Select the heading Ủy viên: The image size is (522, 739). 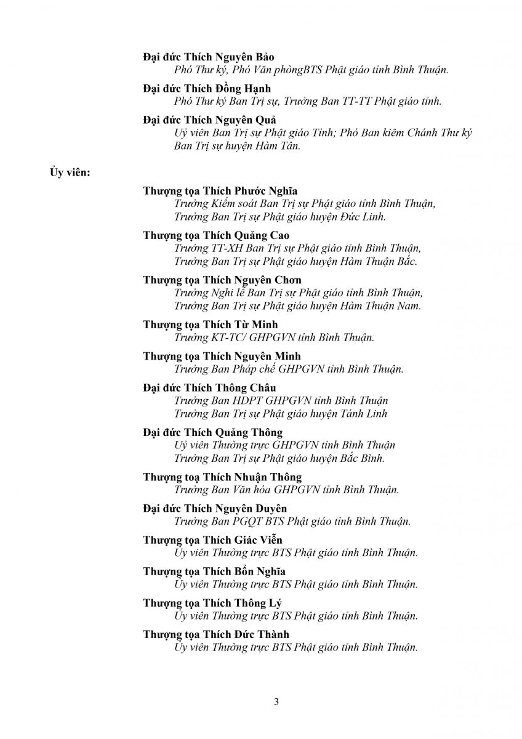coord(70,172)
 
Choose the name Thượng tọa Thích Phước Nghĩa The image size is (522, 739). coord(220,191)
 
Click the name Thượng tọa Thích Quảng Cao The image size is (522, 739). coord(216,235)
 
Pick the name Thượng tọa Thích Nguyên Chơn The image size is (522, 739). coord(222,280)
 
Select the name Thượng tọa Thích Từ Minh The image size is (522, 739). coord(211,325)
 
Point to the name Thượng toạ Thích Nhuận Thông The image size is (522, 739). coord(222,477)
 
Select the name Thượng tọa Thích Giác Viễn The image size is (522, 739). coord(213,540)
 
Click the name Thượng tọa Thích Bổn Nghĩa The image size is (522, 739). coord(214,571)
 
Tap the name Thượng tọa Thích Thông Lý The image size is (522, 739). coord(212,603)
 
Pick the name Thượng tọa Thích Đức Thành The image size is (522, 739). coord(216,634)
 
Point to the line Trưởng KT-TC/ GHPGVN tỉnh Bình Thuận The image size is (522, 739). coord(275,337)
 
